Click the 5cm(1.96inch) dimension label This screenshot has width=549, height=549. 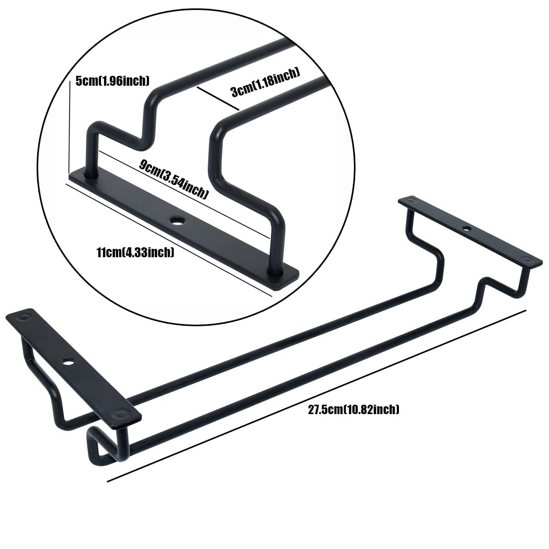point(112,81)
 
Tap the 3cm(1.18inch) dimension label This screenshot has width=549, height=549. point(266,83)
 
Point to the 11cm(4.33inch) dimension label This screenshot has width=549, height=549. point(135,252)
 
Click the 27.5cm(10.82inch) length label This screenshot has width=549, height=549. point(353,409)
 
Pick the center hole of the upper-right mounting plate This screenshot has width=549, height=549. point(466,228)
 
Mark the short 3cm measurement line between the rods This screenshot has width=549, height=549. point(218,98)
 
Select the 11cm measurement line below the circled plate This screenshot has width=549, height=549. point(169,239)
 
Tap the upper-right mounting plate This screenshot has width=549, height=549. point(470,232)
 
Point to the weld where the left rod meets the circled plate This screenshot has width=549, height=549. point(90,173)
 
